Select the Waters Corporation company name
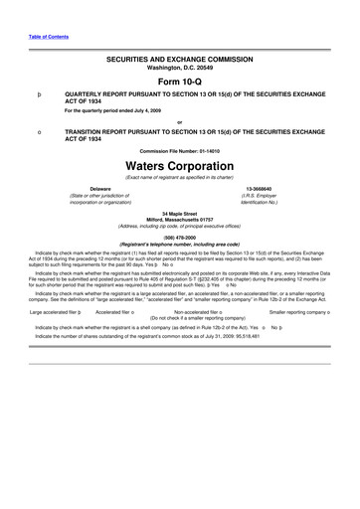[x=180, y=165]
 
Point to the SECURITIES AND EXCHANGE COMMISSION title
[x=180, y=61]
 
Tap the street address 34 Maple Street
[x=180, y=213]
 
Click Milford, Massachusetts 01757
[x=180, y=220]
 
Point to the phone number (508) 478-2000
[x=180, y=237]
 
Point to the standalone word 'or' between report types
[x=180, y=122]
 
